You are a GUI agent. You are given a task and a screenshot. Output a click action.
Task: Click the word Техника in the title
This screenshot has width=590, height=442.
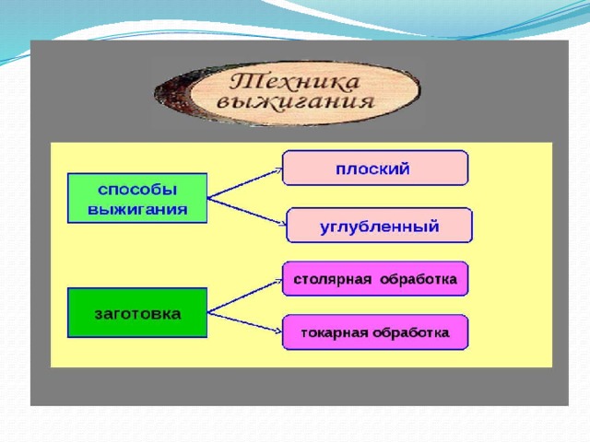(x=294, y=83)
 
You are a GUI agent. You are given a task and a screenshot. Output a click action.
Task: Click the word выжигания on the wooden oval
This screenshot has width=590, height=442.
(x=296, y=102)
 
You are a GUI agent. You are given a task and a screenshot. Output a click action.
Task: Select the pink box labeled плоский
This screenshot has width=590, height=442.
(x=375, y=168)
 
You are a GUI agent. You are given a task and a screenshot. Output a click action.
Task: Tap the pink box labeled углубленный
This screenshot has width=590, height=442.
(x=379, y=226)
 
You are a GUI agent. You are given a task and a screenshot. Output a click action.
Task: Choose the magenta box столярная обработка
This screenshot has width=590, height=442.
(x=375, y=279)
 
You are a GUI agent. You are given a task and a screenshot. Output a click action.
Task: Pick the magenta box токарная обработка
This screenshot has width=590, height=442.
(x=375, y=332)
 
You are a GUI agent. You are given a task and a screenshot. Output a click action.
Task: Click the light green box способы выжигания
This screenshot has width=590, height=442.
(x=137, y=198)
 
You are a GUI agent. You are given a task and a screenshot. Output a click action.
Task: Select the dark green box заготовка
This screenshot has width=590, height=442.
(x=137, y=313)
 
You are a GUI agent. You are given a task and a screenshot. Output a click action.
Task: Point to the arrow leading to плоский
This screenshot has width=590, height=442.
(x=245, y=183)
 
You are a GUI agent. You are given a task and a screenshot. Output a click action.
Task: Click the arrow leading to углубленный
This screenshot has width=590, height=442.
(x=247, y=211)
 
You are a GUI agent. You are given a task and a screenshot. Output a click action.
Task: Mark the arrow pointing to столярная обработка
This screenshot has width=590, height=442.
(x=245, y=296)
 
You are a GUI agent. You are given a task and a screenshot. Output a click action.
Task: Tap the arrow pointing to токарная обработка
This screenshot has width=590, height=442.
(x=245, y=322)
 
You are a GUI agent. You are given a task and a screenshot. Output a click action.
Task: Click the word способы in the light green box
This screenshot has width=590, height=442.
(x=137, y=190)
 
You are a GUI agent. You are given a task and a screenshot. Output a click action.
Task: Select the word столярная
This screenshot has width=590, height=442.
(x=333, y=280)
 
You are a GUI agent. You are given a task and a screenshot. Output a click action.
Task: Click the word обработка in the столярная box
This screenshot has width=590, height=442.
(x=419, y=279)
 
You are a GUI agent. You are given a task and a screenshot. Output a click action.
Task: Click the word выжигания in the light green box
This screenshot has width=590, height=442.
(x=137, y=209)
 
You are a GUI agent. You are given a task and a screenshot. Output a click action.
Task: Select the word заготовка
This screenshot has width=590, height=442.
(x=137, y=314)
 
